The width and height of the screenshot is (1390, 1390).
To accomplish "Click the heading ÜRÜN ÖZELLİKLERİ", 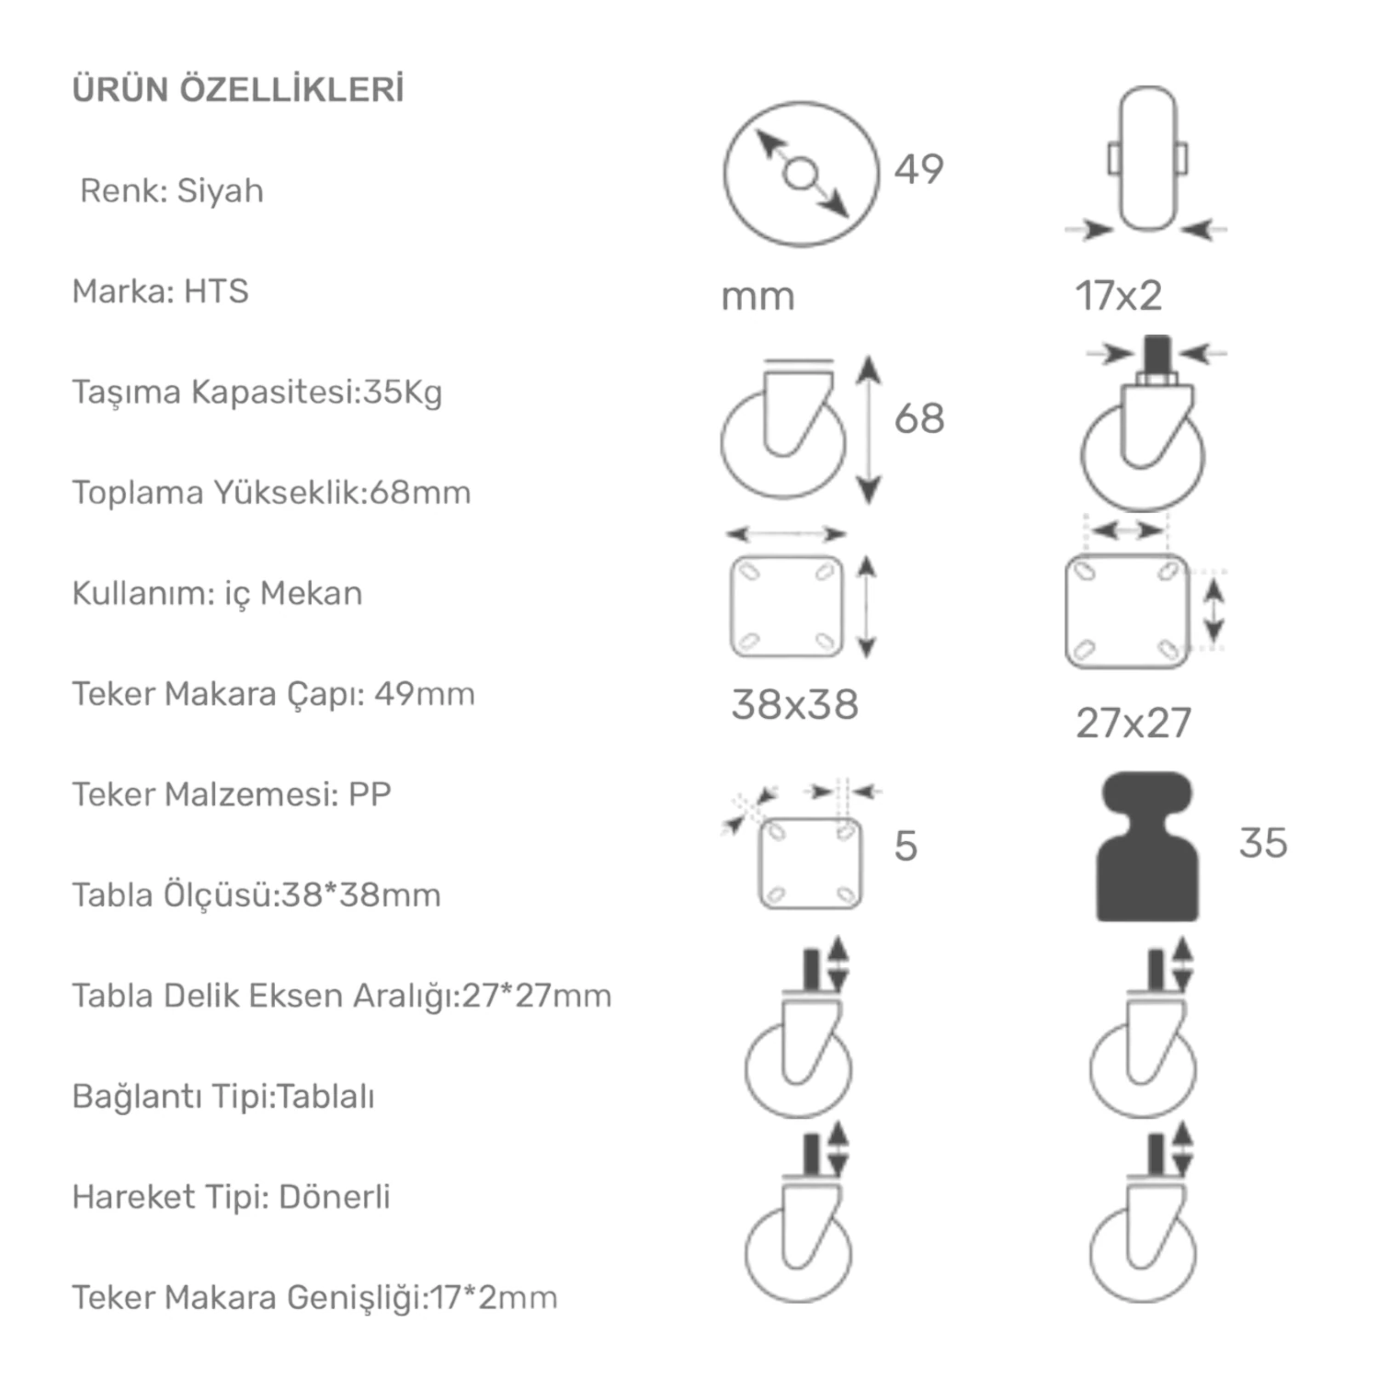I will (238, 90).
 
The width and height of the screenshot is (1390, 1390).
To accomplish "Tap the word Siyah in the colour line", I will (220, 190).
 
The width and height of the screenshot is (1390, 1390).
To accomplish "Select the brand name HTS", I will (216, 291).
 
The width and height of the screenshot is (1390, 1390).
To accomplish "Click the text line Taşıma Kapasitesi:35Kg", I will (256, 393).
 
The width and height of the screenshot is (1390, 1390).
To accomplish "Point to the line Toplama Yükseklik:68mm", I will (271, 493).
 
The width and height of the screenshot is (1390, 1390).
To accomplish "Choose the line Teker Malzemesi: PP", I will (232, 794).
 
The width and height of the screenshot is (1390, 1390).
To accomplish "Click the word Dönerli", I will (335, 1197).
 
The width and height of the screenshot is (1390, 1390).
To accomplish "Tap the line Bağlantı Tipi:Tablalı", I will (223, 1097).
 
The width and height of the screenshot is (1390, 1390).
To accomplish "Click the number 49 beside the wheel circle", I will (918, 169).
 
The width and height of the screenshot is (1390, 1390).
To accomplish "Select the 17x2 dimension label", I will (1118, 296).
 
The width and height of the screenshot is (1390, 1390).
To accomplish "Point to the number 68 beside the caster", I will (918, 418).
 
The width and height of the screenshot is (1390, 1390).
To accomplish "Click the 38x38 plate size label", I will (794, 705).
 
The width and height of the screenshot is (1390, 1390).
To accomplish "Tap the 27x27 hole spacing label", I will (1134, 723).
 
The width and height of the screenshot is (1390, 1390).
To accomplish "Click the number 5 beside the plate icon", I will (906, 846).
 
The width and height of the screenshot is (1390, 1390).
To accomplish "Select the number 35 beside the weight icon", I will (1262, 843).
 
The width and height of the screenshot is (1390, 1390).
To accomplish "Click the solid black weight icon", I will (1146, 847).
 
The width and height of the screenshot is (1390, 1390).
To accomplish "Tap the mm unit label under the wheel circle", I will (758, 297).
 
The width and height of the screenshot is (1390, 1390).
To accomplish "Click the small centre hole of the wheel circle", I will (800, 173).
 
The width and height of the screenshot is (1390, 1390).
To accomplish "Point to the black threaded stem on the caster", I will (1156, 352).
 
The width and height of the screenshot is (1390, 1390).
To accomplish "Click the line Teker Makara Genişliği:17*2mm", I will (314, 1298).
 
